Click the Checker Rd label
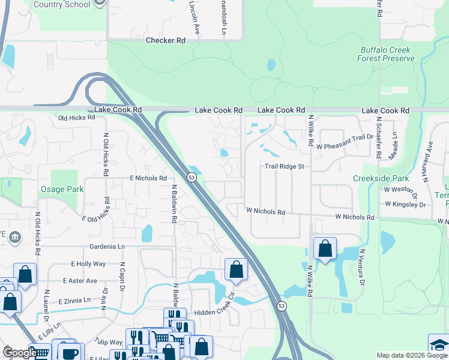coord(166,40)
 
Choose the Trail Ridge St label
coord(287,166)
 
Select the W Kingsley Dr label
coord(405,204)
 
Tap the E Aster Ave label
coord(80,280)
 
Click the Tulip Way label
coord(108,342)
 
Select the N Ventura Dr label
coord(363,266)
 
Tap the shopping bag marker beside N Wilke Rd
coord(325,248)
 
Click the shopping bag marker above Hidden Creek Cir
coord(236,269)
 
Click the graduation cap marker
coord(439,344)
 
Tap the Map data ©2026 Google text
coord(411,355)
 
